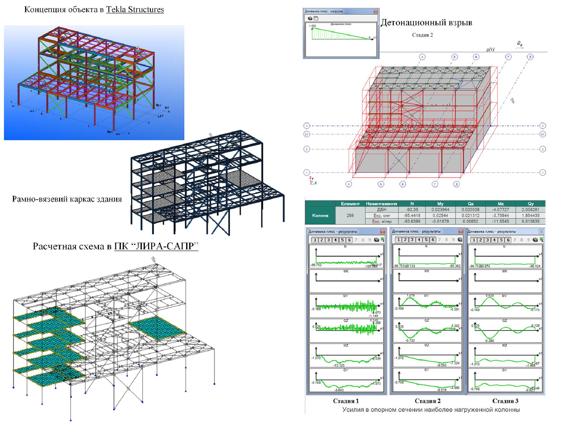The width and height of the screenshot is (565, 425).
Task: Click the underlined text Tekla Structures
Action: click(x=135, y=10)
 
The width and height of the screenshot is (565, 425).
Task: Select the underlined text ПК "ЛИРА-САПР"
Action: click(x=156, y=246)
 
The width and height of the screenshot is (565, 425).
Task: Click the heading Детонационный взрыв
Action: click(x=426, y=23)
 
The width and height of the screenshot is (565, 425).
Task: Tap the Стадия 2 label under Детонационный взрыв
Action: click(x=422, y=35)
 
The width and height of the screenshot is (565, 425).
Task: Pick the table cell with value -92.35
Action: click(x=412, y=210)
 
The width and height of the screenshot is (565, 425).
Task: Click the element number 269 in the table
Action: click(x=350, y=215)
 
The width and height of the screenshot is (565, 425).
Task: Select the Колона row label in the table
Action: click(x=320, y=215)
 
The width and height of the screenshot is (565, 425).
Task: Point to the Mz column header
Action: click(x=501, y=203)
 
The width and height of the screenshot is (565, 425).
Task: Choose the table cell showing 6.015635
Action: click(x=530, y=222)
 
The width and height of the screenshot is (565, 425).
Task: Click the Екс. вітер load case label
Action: click(x=382, y=222)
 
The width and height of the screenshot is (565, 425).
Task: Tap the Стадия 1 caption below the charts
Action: click(x=346, y=401)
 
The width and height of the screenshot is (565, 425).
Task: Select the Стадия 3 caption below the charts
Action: click(x=505, y=401)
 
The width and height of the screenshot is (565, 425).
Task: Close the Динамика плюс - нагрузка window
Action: click(x=375, y=11)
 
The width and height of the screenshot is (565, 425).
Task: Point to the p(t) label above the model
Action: click(x=490, y=50)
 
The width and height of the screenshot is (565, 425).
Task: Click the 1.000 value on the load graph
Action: click(x=312, y=26)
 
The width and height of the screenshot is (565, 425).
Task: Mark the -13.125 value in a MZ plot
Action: click(x=339, y=365)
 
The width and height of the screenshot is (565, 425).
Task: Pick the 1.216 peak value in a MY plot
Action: click(x=410, y=295)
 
